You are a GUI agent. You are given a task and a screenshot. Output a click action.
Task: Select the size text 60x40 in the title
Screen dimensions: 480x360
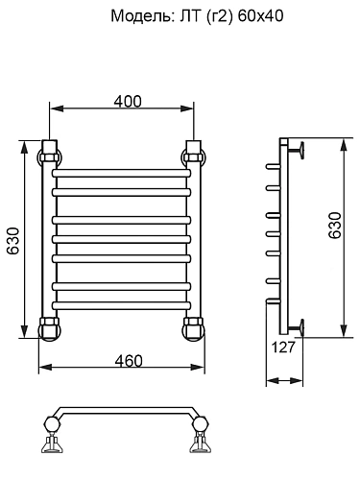(260, 16)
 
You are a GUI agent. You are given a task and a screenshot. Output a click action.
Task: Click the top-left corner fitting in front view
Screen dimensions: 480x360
(49, 155)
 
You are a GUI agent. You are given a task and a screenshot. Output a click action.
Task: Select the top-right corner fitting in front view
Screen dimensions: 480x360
(194, 154)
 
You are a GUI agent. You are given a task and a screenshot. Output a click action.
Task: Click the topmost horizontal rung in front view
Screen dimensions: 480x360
(122, 176)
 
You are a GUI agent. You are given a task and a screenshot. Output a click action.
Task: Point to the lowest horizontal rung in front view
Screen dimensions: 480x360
(122, 304)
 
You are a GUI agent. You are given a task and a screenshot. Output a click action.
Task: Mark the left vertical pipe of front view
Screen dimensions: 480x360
(49, 240)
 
